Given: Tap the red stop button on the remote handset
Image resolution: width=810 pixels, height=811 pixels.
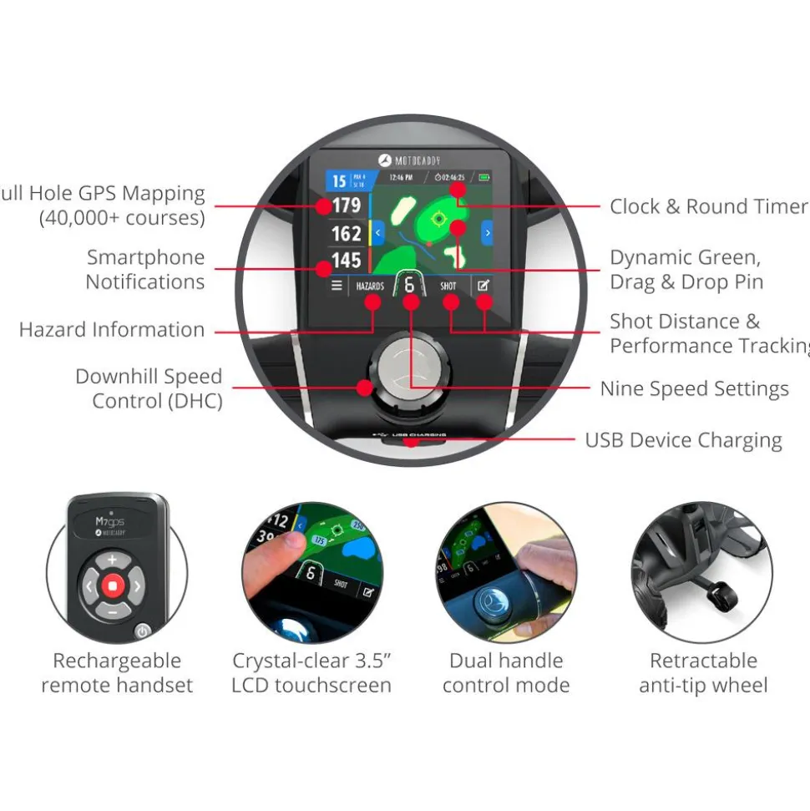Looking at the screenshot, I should point(112,587).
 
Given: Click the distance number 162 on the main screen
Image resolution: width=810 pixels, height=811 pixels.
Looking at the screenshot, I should point(346,233).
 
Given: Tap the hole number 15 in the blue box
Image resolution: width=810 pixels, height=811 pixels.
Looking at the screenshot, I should point(339,181).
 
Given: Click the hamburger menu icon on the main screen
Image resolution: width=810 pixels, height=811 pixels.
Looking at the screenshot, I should point(337,286).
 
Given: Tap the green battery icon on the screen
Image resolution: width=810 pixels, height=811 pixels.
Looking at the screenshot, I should point(483,177).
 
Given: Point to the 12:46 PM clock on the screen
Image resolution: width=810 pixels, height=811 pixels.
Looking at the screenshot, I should point(402,177).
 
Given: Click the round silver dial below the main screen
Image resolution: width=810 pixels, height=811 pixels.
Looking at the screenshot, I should point(408,366).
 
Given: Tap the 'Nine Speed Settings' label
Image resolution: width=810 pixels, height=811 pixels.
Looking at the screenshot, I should point(694,389).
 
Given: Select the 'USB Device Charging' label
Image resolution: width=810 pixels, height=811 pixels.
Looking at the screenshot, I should point(683,440).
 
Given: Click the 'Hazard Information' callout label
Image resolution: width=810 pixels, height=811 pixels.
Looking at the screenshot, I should point(112,330).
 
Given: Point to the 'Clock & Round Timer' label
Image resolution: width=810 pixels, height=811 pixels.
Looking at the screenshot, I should point(708,206).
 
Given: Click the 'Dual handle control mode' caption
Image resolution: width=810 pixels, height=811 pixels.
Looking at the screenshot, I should point(506,673).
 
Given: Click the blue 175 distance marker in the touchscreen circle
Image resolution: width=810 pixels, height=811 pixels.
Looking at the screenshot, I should point(319,540).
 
